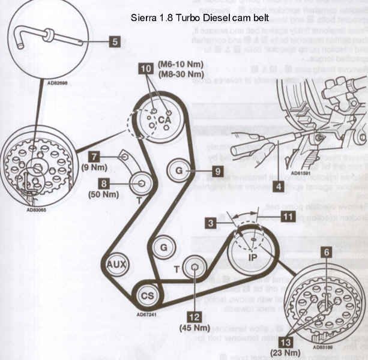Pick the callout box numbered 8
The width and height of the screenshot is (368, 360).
point(105,184)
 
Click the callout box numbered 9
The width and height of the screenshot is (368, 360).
point(217,171)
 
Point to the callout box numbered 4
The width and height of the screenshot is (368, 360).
point(277,186)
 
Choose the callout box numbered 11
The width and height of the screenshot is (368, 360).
point(289,217)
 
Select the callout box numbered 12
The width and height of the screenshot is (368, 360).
point(193,315)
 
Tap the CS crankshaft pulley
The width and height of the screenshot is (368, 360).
point(146,296)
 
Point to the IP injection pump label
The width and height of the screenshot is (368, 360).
point(253,257)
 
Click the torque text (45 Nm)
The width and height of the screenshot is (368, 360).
point(192,328)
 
